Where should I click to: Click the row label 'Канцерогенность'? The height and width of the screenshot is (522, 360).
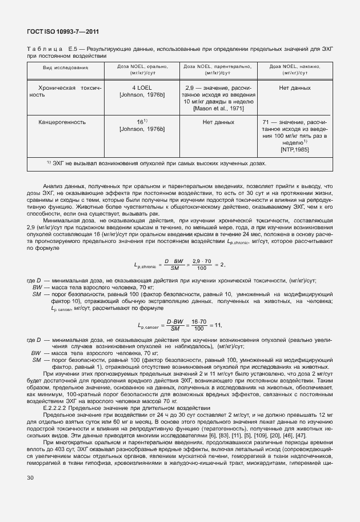coord(62,122)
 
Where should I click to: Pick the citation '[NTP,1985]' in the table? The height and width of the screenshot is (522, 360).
coord(294,149)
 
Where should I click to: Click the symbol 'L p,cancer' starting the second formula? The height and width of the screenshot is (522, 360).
coord(148,325)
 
